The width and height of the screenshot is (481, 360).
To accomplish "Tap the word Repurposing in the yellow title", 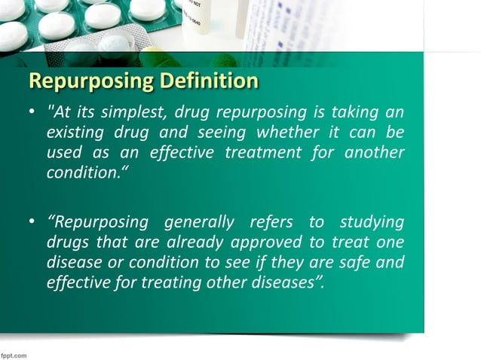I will [85, 81].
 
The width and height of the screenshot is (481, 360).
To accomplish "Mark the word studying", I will [372, 224].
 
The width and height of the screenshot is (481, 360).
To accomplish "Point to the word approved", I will [251, 243].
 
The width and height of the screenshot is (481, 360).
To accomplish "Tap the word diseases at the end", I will [285, 282].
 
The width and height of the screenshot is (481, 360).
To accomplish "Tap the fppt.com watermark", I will [15, 352].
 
